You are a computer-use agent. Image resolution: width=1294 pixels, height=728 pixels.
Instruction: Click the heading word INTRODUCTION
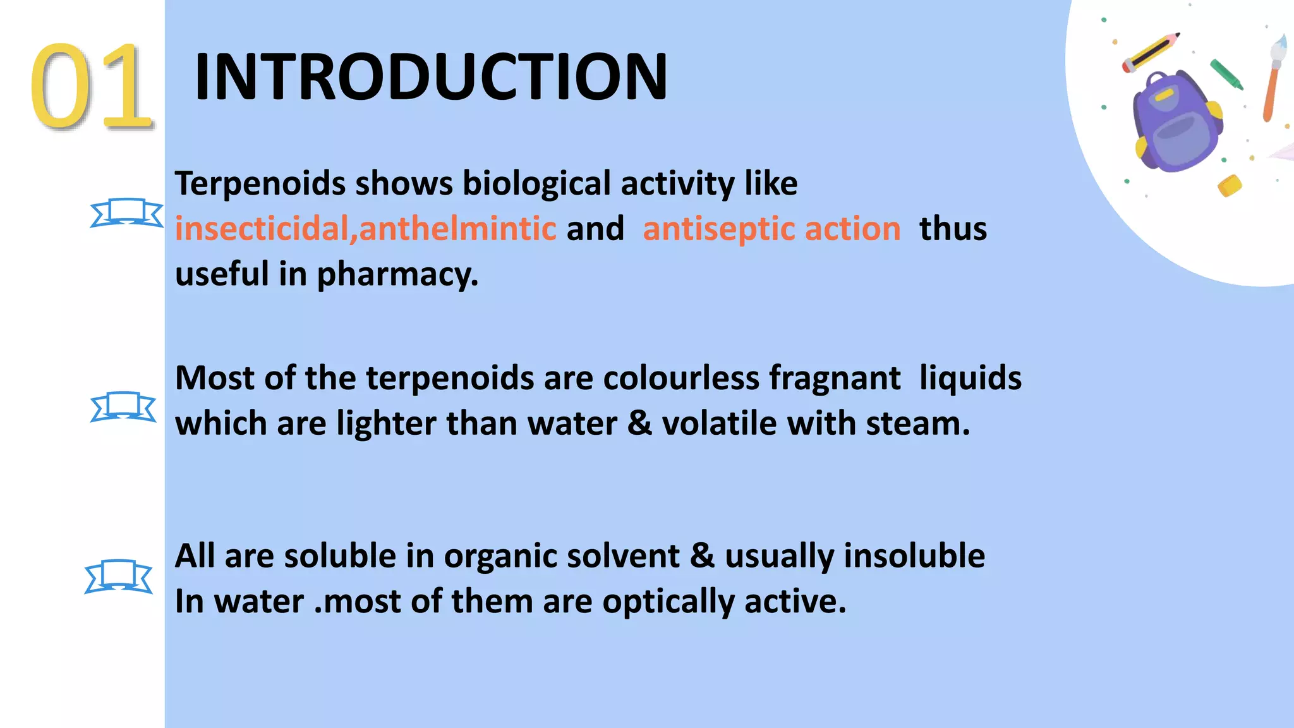tap(431, 77)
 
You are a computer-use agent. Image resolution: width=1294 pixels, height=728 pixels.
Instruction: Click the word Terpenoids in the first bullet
tap(260, 184)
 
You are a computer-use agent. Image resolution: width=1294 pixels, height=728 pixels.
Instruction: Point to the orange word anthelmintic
tap(457, 229)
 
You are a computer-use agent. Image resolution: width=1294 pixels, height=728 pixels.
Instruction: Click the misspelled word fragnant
tap(834, 379)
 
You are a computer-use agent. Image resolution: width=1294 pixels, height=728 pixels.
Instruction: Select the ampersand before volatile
tap(639, 423)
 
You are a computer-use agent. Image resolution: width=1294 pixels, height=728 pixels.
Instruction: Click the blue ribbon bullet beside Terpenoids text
tap(126, 213)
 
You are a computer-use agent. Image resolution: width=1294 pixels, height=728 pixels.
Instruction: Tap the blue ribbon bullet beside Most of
tap(123, 406)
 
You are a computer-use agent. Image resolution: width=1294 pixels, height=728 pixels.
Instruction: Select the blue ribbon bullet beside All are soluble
tap(119, 576)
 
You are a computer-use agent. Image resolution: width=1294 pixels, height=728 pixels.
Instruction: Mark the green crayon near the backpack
tap(1226, 74)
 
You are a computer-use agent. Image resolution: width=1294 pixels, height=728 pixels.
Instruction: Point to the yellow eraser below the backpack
tap(1230, 186)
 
